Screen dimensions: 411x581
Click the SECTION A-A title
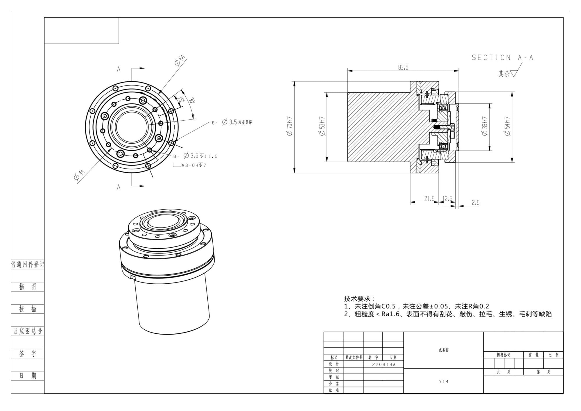[502, 58]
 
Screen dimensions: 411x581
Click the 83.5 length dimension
[403, 67]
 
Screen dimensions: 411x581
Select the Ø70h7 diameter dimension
[290, 126]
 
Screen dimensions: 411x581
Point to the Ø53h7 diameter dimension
[322, 126]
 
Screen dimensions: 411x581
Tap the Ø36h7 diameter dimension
[485, 126]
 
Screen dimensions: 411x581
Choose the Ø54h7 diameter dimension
[507, 126]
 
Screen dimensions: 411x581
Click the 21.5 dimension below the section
[429, 199]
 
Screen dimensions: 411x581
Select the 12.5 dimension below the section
[448, 199]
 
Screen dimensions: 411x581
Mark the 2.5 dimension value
[475, 203]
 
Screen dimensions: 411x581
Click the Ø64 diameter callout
[180, 60]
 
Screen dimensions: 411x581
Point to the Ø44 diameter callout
[79, 175]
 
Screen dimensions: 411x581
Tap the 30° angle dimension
[191, 101]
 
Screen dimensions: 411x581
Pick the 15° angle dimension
[181, 100]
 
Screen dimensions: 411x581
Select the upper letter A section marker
[119, 69]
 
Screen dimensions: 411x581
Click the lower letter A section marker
[119, 187]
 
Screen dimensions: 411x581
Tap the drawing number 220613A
[383, 364]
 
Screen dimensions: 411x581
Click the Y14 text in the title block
[444, 382]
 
